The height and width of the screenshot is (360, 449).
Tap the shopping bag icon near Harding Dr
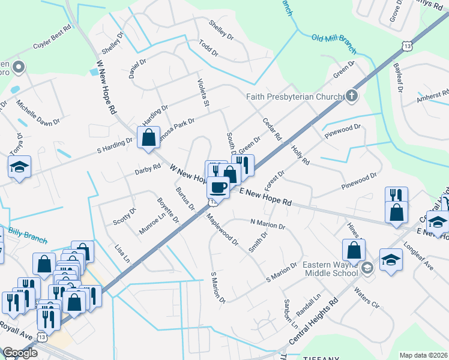(x=148, y=137)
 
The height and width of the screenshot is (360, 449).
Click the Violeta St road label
(x=203, y=95)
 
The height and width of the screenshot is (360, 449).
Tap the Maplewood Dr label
(x=223, y=231)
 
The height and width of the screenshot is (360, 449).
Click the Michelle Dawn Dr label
(x=38, y=113)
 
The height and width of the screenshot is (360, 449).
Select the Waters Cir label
(x=367, y=298)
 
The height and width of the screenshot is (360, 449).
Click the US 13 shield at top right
(x=408, y=46)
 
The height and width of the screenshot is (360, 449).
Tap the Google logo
(x=20, y=353)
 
